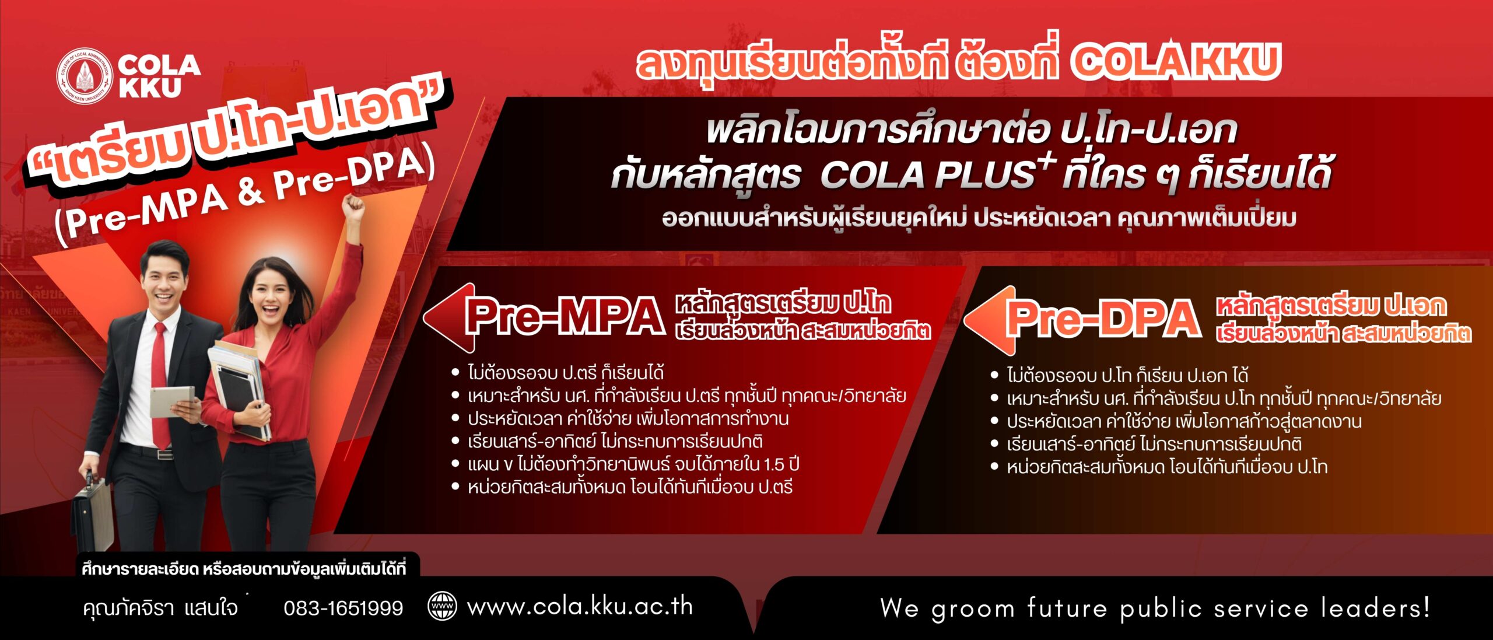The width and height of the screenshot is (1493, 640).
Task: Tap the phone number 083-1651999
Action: pos(344,608)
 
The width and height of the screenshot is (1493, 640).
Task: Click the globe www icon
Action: pos(443,606)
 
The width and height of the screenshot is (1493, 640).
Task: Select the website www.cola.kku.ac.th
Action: pos(580,607)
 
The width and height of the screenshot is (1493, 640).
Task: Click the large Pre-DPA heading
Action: pos(1104,319)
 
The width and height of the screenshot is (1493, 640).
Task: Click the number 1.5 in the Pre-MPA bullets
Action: pos(773,465)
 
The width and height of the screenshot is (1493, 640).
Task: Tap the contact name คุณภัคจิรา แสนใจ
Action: pos(160,608)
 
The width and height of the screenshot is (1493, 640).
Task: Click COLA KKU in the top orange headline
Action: pos(1175,61)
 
